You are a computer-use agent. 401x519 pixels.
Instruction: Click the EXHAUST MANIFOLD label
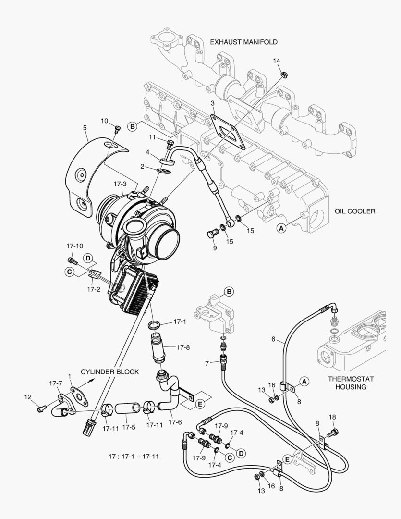(x=243, y=42)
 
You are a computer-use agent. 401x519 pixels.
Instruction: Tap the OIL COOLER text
(x=355, y=211)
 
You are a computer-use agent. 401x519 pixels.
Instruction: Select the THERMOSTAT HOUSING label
(x=351, y=383)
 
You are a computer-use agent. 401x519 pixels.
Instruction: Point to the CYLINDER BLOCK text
(x=109, y=371)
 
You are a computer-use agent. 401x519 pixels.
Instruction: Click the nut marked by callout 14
(x=284, y=75)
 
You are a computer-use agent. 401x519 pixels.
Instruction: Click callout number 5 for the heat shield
(x=85, y=128)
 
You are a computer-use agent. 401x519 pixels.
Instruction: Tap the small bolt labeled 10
(x=117, y=129)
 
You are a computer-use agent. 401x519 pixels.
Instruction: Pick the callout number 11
(x=152, y=137)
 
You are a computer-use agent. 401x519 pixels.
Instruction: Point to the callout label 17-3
(x=120, y=184)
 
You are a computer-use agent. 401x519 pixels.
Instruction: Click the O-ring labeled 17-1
(x=154, y=326)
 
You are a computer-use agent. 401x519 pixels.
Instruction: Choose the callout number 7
(x=207, y=363)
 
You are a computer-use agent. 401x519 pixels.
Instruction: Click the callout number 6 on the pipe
(x=273, y=339)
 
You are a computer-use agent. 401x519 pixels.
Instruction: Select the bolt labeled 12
(x=41, y=408)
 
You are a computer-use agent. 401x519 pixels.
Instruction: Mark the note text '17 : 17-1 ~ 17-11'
(x=133, y=456)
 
